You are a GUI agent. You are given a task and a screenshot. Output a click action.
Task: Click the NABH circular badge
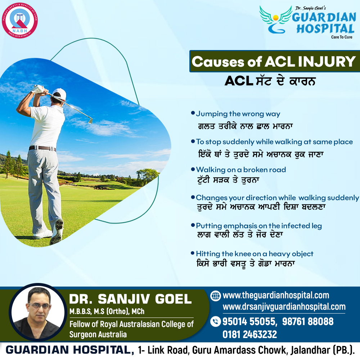(20, 20)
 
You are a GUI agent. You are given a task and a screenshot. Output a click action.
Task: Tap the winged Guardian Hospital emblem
(275, 20)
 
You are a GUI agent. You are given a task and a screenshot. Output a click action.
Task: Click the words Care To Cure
(342, 37)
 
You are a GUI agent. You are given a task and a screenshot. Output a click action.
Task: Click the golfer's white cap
(60, 94)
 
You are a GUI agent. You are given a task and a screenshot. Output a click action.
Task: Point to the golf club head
(90, 120)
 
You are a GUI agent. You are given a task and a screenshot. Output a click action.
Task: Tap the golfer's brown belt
(42, 148)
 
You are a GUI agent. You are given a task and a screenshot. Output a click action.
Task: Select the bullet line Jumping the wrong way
(238, 114)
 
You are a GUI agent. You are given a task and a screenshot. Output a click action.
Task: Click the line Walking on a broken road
(241, 170)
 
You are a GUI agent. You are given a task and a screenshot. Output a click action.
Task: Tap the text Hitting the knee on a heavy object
(255, 254)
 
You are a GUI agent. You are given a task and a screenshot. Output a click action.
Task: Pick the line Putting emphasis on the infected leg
(259, 226)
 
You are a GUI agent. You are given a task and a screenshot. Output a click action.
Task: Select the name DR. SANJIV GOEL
(130, 299)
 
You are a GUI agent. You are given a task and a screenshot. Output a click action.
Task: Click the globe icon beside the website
(215, 296)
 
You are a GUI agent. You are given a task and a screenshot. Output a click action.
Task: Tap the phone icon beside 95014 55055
(215, 321)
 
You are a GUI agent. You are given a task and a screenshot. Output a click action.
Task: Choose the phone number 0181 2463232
(249, 334)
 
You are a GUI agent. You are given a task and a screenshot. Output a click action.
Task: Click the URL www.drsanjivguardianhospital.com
(284, 307)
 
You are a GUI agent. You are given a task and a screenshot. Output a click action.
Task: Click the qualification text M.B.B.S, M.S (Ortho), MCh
(107, 311)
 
